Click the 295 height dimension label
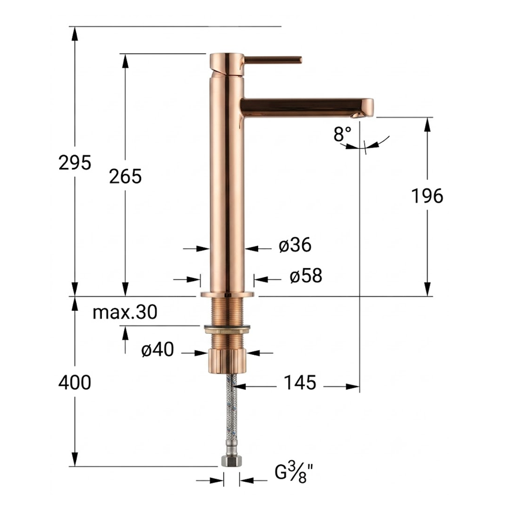click(74, 163)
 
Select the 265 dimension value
click(125, 176)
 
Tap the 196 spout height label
click(427, 196)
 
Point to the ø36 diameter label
click(295, 245)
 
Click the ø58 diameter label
click(306, 276)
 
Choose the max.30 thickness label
click(125, 312)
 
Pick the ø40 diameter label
click(158, 350)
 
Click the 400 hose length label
click(74, 383)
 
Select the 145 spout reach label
click(300, 383)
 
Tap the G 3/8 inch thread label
click(295, 472)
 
